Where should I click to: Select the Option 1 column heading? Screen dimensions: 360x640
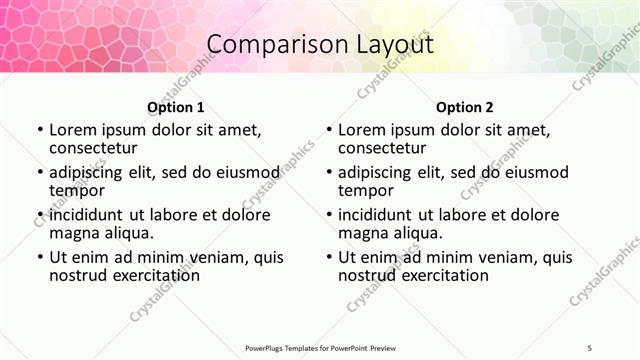pos(176,107)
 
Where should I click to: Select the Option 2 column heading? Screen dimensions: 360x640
pos(465,107)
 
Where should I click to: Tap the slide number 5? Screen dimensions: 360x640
pos(589,348)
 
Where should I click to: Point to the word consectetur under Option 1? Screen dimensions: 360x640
pos(97,148)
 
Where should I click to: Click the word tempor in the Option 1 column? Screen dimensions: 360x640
pos(77,190)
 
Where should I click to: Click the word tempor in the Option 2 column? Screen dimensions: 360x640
pos(366,190)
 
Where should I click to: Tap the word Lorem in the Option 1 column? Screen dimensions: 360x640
pos(73,130)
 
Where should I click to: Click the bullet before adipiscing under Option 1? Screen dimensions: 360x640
pos(39,173)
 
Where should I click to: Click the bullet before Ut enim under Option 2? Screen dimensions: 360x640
pos(328,258)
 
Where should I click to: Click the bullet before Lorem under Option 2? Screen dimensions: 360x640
pos(328,131)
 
